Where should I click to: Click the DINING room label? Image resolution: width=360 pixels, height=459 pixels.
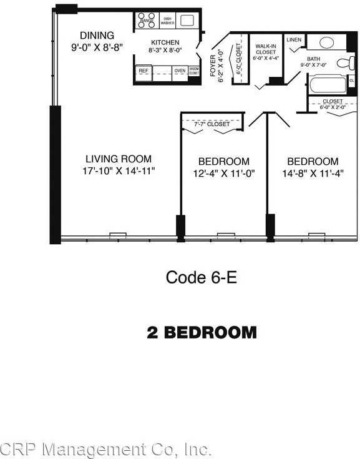[x=97, y=36]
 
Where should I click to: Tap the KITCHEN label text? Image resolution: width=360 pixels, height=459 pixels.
[x=164, y=42]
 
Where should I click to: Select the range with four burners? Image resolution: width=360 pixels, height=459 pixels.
[x=147, y=21]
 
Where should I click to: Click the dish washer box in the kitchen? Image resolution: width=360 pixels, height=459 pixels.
[x=167, y=21]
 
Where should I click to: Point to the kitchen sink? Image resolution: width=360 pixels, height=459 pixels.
[x=187, y=20]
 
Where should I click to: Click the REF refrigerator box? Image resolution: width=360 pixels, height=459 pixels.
[x=144, y=72]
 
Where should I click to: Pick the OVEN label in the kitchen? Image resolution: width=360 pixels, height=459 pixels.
[x=180, y=71]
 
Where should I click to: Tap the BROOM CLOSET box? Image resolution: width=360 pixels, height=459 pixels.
[x=194, y=72]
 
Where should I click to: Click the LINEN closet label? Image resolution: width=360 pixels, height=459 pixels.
[x=294, y=40]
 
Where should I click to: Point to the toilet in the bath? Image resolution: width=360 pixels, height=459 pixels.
[x=343, y=62]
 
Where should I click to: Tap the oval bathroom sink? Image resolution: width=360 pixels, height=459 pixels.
[x=325, y=42]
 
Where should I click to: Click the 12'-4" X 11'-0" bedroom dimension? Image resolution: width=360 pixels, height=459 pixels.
[x=224, y=173]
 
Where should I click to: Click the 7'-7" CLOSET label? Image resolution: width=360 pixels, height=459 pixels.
[x=212, y=124]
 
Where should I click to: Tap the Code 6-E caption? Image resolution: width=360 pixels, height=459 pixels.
[x=201, y=277]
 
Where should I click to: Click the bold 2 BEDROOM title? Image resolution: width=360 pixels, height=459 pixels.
[x=202, y=332]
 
